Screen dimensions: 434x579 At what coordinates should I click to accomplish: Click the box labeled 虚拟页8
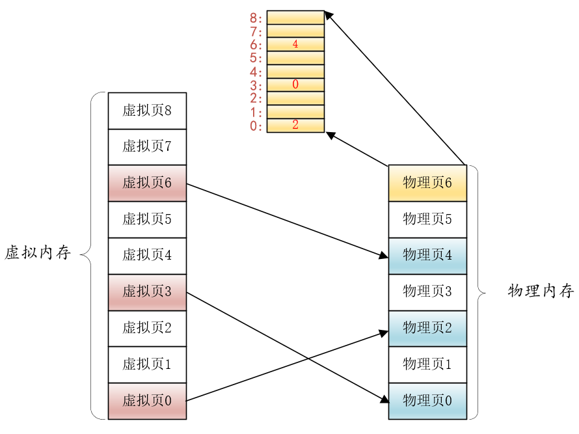click(147, 111)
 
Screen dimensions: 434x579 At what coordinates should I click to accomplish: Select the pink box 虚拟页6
click(147, 183)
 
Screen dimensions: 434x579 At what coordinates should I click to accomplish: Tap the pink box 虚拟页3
click(147, 292)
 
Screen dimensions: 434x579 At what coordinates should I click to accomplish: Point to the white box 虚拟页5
click(147, 219)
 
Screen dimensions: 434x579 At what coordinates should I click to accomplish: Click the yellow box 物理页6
click(427, 183)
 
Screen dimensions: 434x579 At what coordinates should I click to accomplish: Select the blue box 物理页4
click(427, 255)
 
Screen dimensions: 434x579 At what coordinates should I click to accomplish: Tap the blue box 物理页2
click(427, 328)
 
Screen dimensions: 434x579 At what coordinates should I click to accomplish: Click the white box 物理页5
click(427, 219)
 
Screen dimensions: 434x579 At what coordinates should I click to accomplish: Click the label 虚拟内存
click(37, 253)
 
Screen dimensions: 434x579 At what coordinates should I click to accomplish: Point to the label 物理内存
click(541, 291)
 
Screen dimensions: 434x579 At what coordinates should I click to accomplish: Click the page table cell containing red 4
click(295, 44)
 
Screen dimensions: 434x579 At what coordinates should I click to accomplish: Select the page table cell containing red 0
click(295, 85)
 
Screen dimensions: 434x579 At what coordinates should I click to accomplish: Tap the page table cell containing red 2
click(295, 125)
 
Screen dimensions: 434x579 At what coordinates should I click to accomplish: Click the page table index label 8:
click(256, 18)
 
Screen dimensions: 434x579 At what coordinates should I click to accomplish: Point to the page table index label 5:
click(256, 58)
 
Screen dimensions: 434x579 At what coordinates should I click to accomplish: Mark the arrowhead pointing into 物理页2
click(384, 332)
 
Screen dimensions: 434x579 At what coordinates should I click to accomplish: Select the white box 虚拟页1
click(147, 364)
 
